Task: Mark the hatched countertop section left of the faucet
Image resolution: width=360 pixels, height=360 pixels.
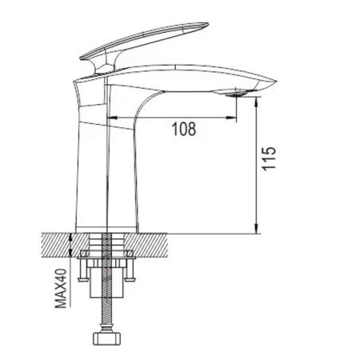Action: point(57,242)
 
